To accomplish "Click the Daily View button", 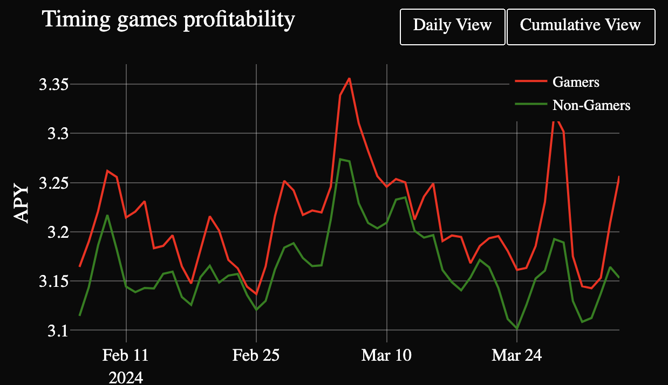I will [452, 26].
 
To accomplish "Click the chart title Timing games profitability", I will [168, 20].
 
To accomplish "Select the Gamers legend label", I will [576, 82].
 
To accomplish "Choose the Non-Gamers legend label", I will [591, 105].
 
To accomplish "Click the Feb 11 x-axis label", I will [126, 356].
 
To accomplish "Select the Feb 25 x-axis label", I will [256, 356].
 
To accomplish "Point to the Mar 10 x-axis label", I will [386, 356].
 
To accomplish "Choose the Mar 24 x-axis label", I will [517, 356].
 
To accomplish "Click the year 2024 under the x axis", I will [126, 376].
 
